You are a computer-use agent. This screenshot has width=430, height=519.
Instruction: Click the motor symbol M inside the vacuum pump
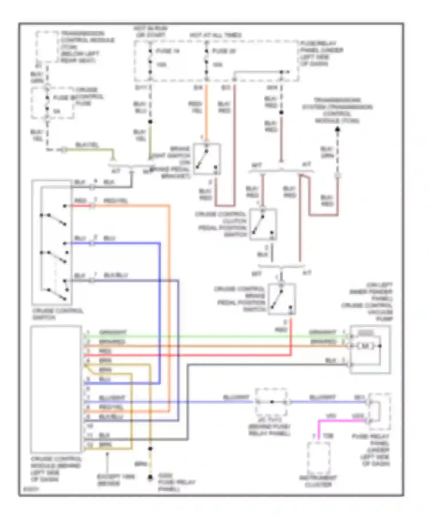(365, 346)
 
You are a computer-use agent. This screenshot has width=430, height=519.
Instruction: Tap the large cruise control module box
(56, 389)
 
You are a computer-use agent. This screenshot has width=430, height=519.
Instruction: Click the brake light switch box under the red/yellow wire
(207, 159)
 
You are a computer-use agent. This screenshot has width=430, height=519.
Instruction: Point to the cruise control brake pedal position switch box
(282, 299)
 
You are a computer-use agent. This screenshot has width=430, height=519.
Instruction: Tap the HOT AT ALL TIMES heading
(215, 35)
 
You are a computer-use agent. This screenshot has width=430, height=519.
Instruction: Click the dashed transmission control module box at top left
(47, 46)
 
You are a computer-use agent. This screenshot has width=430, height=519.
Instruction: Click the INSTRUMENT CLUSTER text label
(318, 481)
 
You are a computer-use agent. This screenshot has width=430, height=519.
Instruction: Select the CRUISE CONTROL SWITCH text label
(57, 314)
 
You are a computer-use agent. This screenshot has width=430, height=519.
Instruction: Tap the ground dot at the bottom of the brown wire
(150, 478)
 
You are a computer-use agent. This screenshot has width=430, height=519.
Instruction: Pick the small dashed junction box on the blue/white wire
(271, 402)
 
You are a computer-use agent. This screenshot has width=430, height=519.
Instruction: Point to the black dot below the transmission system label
(338, 130)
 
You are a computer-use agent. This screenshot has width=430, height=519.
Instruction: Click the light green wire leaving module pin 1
(201, 337)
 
